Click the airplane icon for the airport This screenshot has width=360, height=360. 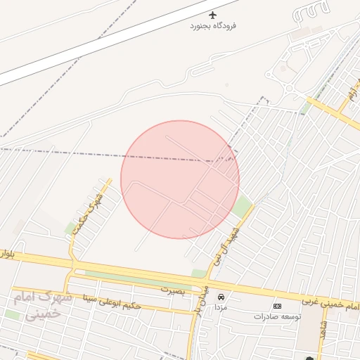tap(214, 15)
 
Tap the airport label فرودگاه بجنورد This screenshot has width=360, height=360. tap(214, 26)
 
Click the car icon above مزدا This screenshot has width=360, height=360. tap(221, 297)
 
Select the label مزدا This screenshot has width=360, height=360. tap(221, 308)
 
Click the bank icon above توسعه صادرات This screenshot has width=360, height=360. tap(277, 307)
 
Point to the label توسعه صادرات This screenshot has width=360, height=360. tap(277, 316)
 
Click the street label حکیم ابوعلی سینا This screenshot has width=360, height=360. tap(112, 304)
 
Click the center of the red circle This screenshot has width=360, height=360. tap(180, 179)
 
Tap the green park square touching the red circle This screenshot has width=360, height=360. tap(242, 207)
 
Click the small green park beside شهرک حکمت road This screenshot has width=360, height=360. tap(70, 228)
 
